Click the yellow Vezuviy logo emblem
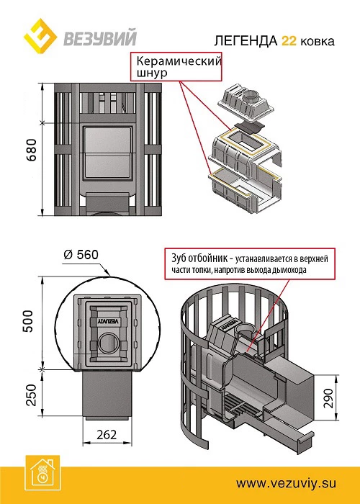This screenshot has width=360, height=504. pos(40,36)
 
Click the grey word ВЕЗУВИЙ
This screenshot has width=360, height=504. pos(100,37)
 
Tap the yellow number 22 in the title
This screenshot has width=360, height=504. pos(289,41)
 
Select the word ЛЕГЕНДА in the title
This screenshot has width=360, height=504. pos(246,41)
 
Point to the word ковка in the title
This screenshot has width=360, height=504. pos(318,42)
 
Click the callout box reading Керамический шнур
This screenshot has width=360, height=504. pos(176,67)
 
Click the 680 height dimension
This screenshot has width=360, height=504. pos(32,150)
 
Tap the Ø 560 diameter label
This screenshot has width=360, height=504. pos(81,255)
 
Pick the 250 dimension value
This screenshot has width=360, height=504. pos(31,395)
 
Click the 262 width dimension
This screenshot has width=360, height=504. pos(107,435)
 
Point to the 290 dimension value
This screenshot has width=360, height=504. pos(328,397)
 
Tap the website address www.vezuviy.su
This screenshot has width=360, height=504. pos(286,483)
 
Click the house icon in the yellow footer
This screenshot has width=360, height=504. pos(42,472)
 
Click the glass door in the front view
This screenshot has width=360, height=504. pos(108,152)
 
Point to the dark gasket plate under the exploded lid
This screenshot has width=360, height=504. pos(249,127)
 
